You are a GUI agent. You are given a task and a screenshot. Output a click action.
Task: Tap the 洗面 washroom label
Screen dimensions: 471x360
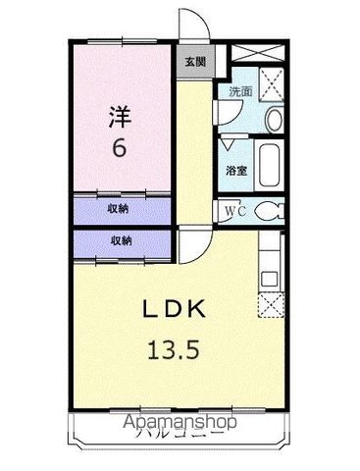pos(239,90)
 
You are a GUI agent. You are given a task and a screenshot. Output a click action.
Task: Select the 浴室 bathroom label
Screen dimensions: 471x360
pos(236,170)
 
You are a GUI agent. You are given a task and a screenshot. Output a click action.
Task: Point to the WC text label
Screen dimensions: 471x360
pos(235,209)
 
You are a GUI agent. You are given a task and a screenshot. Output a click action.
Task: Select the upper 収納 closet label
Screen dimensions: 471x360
pos(120,209)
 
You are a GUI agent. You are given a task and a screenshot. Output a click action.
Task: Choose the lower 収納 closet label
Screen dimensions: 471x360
pos(120,239)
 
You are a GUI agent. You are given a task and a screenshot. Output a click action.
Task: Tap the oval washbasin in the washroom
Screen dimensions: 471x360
pos(274,119)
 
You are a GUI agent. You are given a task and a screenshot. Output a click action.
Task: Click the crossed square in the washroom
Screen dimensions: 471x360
pos(272,82)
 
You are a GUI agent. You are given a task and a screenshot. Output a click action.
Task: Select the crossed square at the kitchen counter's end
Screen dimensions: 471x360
pos(270,303)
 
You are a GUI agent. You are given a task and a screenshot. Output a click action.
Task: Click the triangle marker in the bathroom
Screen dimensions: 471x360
pos(229,143)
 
